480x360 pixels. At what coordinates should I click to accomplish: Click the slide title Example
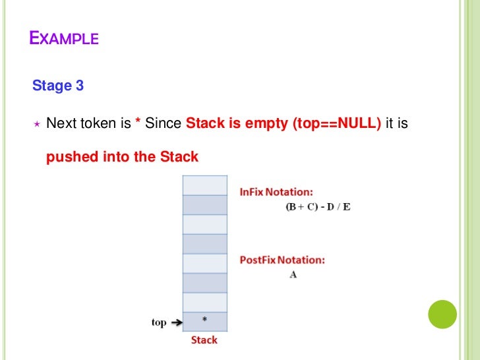tap(64, 38)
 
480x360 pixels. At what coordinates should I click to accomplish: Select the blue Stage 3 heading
tap(58, 86)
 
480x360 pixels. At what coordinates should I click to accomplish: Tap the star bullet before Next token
tap(37, 123)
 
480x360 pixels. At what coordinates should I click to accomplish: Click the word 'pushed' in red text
tap(68, 157)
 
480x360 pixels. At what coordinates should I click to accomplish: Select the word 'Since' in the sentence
tap(164, 123)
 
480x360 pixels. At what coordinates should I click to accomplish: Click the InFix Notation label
tap(276, 192)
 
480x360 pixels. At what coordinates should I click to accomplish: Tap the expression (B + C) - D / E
tap(318, 206)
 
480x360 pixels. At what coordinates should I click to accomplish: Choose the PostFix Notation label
tap(282, 260)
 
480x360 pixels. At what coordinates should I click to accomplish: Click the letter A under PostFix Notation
tap(293, 274)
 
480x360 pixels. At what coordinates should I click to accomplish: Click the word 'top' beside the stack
tap(159, 322)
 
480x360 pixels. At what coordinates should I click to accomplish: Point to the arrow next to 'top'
tap(176, 322)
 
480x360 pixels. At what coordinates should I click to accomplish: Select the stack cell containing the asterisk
tap(204, 322)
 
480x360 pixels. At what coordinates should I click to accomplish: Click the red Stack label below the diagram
tap(204, 340)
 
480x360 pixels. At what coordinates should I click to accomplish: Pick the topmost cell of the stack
tap(204, 185)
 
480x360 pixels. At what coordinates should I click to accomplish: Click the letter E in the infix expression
tap(347, 206)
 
